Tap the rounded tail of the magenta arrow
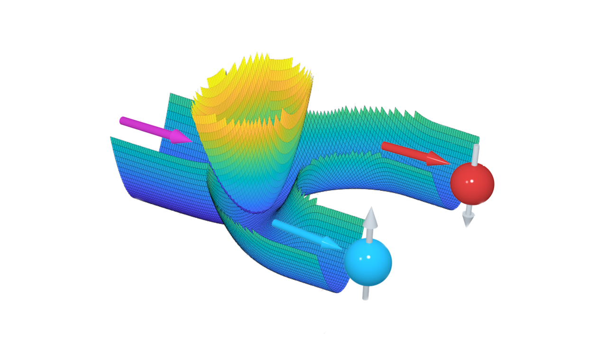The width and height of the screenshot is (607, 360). tap(123, 120)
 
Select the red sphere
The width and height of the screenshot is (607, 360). tap(472, 184)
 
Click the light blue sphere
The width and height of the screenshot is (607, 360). tap(368, 262)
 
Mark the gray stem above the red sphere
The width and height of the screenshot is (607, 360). tap(475, 154)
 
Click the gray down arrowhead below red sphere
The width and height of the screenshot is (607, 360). tap(468, 220)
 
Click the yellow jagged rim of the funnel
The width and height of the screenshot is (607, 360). tap(256, 62)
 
